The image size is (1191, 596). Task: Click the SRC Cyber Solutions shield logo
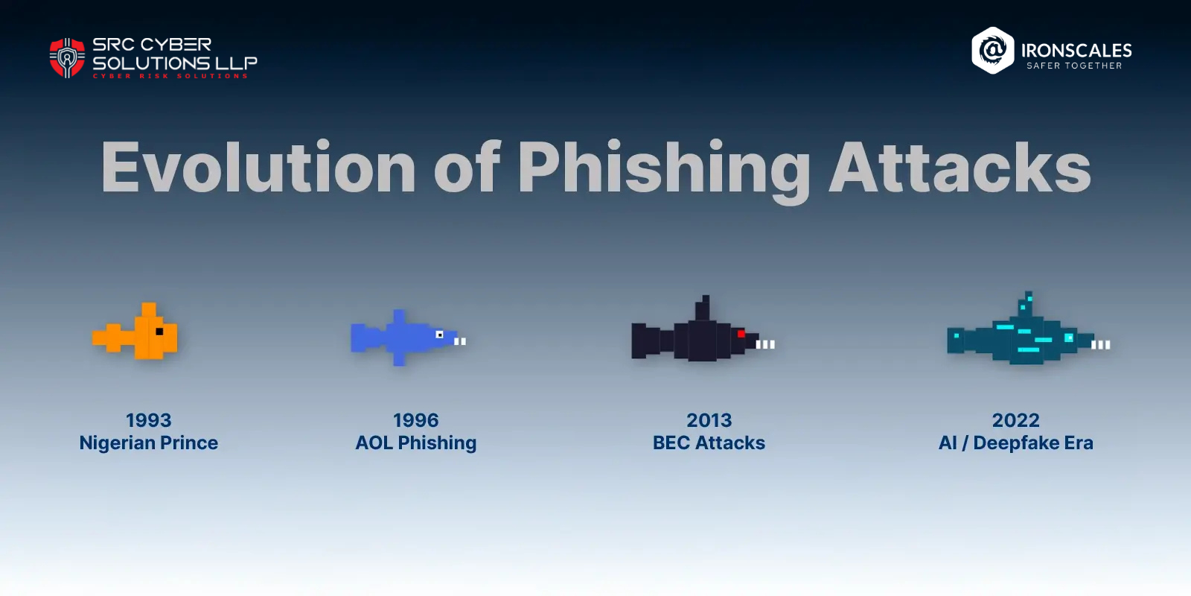67,58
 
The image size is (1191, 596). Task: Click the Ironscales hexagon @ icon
993,51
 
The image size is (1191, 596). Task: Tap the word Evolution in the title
258,168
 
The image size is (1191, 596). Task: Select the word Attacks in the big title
960,168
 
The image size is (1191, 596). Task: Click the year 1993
149,420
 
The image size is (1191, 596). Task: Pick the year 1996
416,420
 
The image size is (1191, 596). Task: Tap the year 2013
709,420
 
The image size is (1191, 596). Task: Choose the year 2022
1016,420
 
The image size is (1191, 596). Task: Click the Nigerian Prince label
149,443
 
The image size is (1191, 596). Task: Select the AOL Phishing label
416,443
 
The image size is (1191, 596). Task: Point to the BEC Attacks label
709,443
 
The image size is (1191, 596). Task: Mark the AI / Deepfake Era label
1016,443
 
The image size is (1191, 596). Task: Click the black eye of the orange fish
159,332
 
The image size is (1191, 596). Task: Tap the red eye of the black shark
741,334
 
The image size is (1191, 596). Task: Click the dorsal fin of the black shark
703,308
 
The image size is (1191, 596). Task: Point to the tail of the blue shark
361,337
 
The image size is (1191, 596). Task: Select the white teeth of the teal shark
1101,344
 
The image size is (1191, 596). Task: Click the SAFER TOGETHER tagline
1074,66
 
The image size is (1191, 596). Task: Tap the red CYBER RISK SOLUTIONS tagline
170,76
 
